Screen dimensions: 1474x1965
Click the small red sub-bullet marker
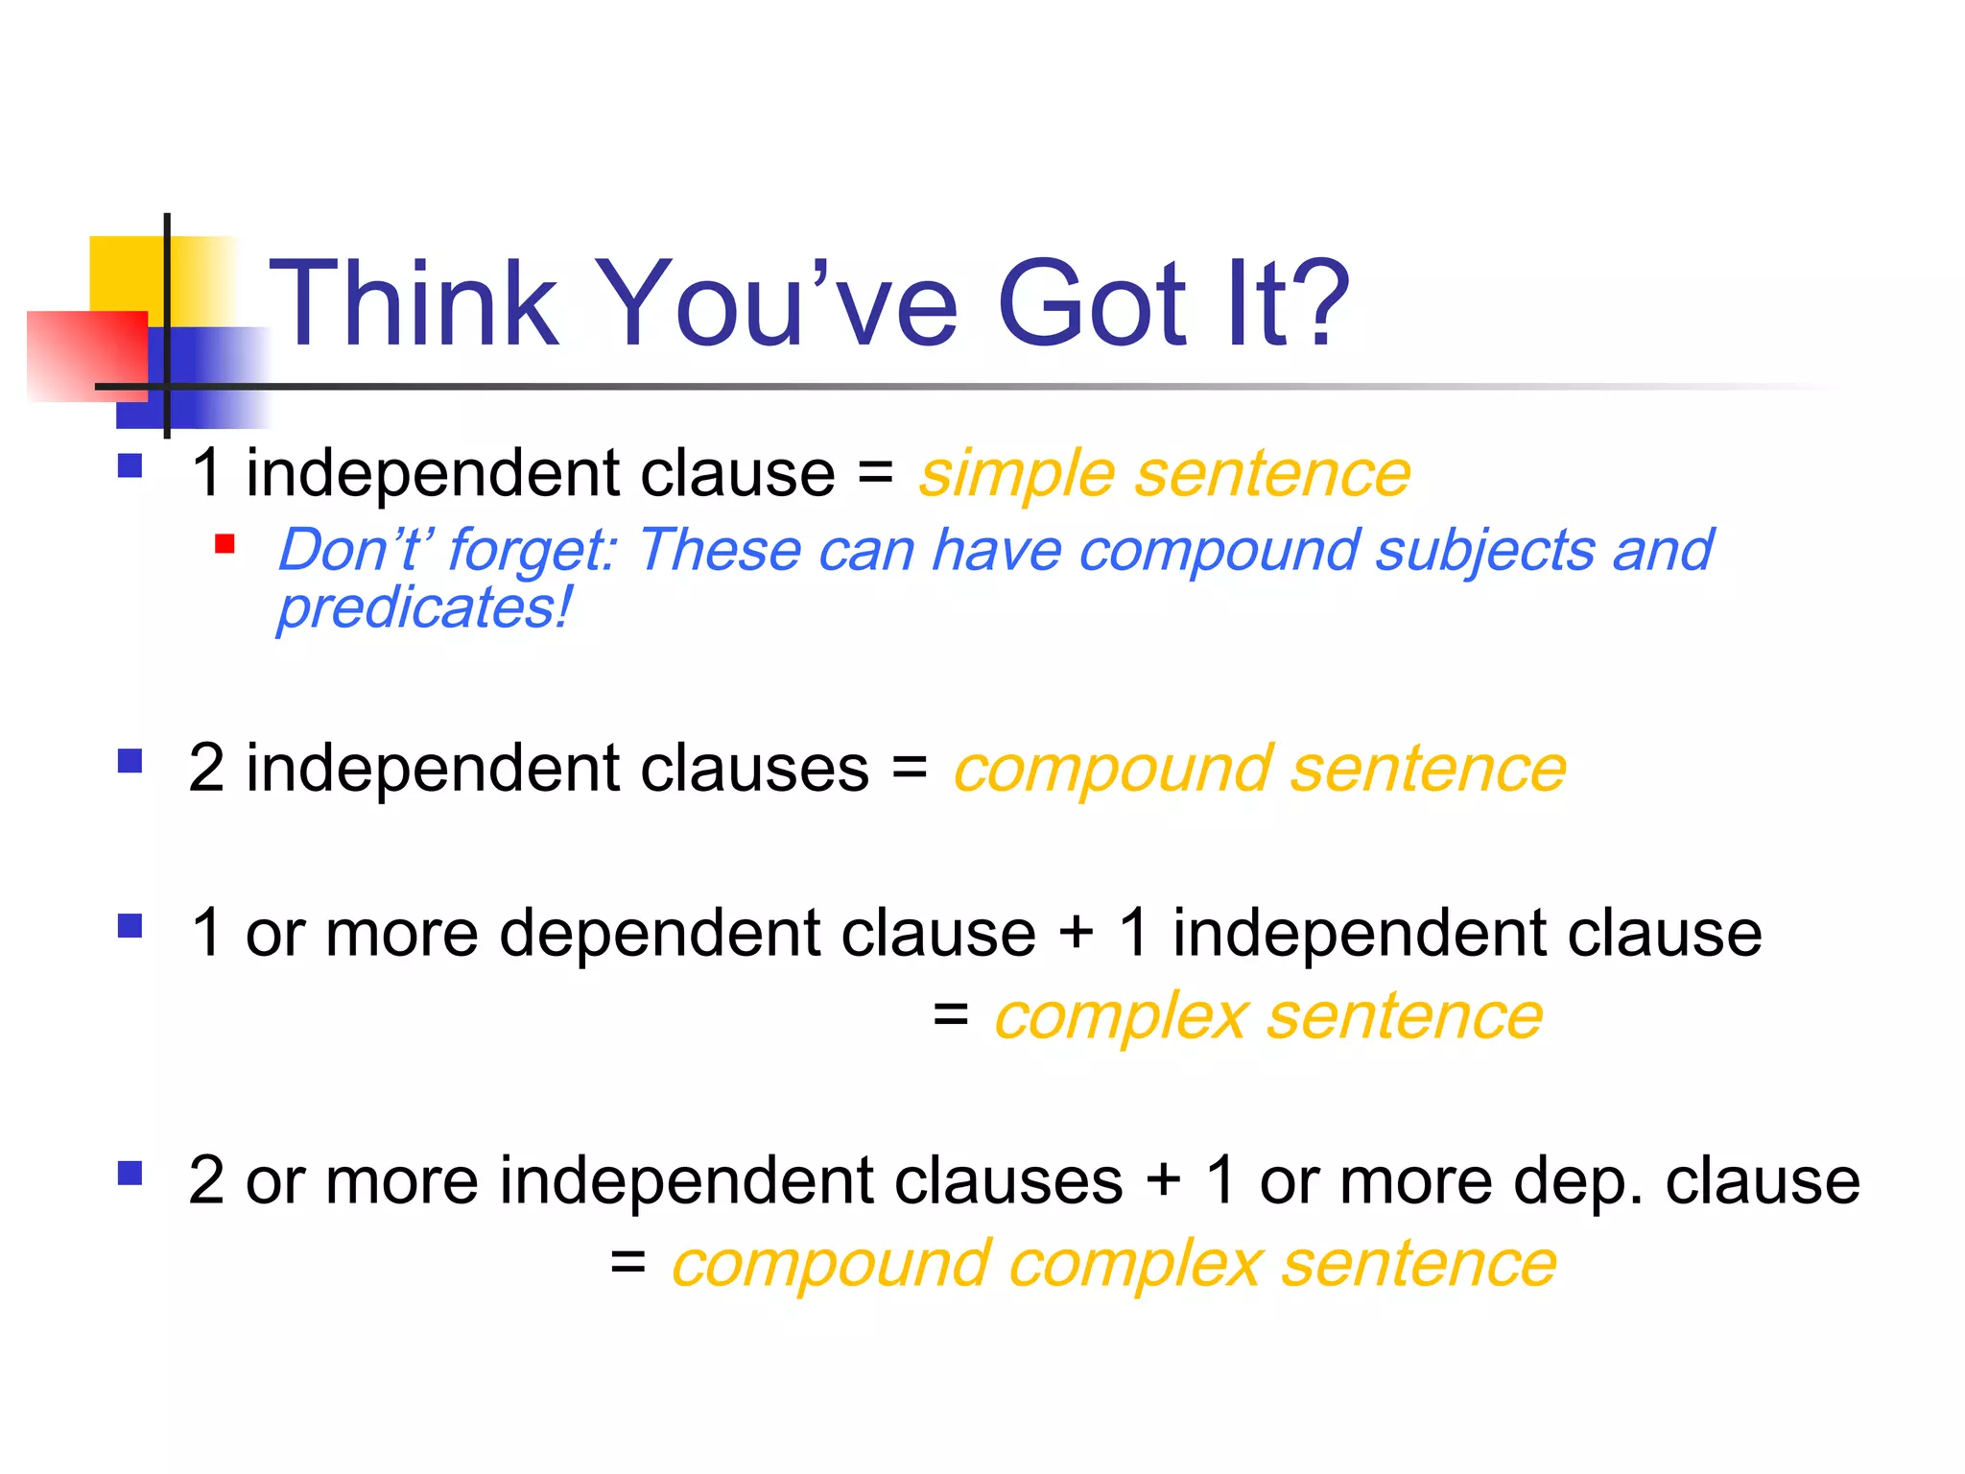(225, 545)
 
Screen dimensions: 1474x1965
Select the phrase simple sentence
(1164, 474)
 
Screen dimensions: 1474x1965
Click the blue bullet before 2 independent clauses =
(130, 762)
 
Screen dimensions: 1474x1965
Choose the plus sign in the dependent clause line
(1077, 933)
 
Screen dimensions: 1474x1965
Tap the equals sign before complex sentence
(950, 1015)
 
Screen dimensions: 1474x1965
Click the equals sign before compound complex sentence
(627, 1263)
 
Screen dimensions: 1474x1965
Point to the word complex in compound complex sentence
(1134, 1265)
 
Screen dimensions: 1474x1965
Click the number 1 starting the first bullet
(206, 474)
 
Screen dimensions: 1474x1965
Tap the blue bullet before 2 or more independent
(130, 1174)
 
